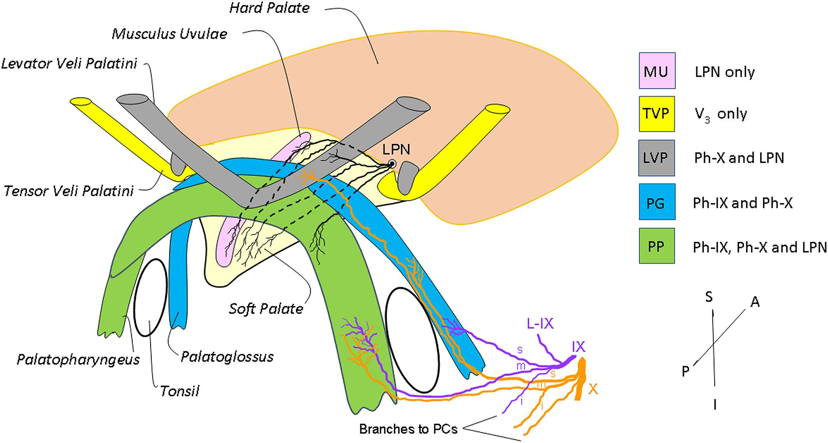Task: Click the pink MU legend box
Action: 657,70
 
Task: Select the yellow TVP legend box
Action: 657,114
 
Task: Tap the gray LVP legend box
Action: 657,158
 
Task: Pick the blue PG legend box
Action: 657,202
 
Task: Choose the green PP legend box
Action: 657,246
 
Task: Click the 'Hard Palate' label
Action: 269,8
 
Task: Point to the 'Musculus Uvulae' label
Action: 169,34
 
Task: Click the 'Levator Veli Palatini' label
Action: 69,63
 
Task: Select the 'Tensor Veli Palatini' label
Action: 69,191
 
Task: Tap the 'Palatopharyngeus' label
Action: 78,359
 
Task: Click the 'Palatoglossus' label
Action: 227,357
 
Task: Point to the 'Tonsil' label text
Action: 180,391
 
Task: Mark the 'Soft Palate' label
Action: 266,309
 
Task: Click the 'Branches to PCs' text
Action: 408,429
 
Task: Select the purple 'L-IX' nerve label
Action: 540,323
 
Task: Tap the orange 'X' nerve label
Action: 593,389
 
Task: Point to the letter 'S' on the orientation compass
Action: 709,297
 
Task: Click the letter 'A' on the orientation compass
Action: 755,302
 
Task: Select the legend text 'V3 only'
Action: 721,114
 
